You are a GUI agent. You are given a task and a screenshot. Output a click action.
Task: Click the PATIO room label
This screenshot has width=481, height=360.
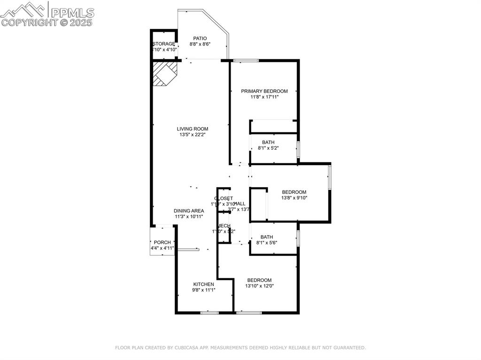click(x=200, y=38)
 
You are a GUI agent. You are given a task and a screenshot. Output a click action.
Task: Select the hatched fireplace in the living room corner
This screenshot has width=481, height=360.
click(x=165, y=74)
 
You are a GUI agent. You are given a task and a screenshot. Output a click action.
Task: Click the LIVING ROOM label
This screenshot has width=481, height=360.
click(x=192, y=129)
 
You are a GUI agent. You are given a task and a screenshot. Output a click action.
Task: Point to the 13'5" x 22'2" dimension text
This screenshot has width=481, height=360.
click(x=192, y=135)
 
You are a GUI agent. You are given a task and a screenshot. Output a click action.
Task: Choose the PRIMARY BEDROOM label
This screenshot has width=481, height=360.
click(x=264, y=91)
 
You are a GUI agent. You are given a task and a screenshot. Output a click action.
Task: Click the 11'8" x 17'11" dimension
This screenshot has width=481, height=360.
click(x=264, y=97)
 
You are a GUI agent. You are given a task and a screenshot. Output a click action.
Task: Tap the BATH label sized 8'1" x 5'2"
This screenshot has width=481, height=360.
click(x=268, y=142)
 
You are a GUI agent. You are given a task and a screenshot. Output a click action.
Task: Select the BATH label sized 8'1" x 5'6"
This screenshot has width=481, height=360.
click(x=266, y=237)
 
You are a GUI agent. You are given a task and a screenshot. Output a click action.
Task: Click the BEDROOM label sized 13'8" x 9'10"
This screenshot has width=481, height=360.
click(x=294, y=192)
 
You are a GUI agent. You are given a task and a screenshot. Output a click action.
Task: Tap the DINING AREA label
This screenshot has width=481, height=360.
click(x=188, y=211)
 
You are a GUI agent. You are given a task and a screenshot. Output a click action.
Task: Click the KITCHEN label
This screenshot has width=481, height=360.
click(x=203, y=284)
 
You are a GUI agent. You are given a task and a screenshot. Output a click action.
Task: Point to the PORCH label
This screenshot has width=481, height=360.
click(x=162, y=242)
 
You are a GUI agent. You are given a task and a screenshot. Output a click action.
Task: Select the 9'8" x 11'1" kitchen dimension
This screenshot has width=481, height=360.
click(x=203, y=290)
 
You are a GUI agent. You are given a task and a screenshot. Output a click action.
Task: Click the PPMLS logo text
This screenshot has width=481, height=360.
click(x=72, y=13)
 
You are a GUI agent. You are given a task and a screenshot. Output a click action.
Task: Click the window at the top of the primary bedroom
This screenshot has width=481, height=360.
click(x=246, y=60)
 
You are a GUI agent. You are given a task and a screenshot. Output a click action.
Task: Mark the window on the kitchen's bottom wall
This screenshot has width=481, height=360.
click(x=209, y=312)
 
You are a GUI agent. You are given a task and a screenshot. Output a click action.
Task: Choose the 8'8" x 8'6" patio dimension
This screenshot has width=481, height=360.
click(x=200, y=44)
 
